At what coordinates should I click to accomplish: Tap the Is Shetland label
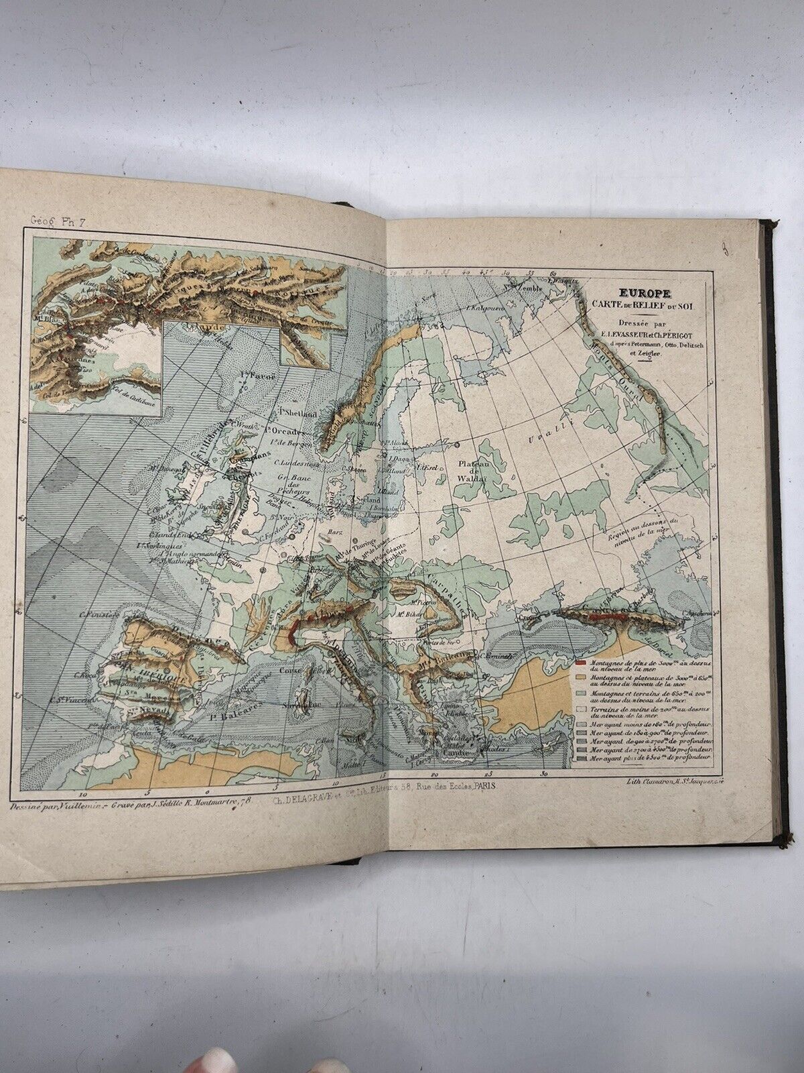click(x=298, y=414)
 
